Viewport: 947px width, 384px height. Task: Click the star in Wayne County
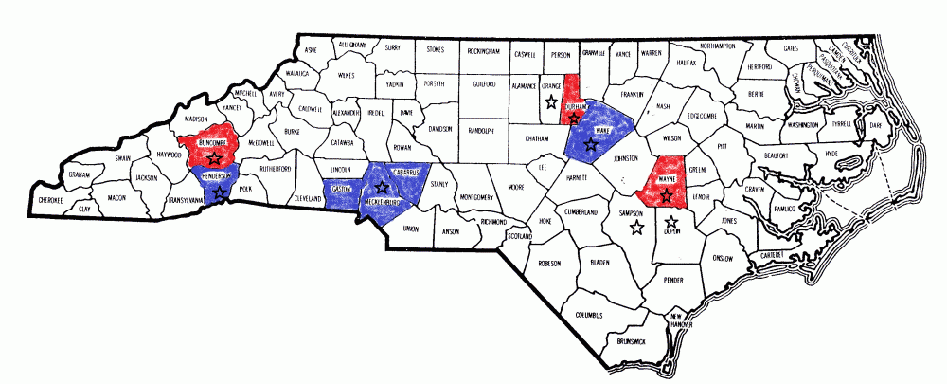(x=667, y=197)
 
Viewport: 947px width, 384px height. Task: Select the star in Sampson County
(x=637, y=227)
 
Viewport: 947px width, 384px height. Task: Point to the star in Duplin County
(x=670, y=221)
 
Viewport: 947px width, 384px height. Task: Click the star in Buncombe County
(x=215, y=156)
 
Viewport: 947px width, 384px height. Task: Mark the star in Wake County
(x=591, y=145)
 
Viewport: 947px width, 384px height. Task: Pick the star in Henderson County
(x=221, y=192)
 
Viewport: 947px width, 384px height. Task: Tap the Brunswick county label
(x=630, y=339)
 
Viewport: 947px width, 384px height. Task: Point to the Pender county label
(x=673, y=281)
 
